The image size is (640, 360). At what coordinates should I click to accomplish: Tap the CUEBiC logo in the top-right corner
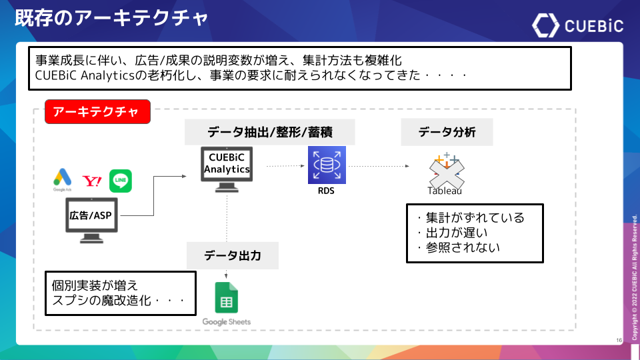(577, 25)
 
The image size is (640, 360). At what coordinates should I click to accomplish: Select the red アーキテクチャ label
(97, 111)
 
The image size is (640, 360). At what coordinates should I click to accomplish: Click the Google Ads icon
(62, 179)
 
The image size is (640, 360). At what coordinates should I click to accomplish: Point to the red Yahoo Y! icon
(91, 181)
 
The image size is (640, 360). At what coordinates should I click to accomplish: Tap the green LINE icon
(121, 181)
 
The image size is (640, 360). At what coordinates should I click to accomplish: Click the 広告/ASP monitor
(91, 219)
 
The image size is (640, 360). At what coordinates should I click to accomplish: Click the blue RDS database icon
(327, 165)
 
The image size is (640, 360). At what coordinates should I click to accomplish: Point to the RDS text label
(327, 191)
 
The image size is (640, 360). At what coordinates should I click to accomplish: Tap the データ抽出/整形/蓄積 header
(269, 132)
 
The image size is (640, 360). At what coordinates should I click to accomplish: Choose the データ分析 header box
(447, 132)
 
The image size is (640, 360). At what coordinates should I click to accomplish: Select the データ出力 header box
(232, 256)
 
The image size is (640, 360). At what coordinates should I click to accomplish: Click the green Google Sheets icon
(226, 297)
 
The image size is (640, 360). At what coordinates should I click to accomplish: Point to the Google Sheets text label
(227, 322)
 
